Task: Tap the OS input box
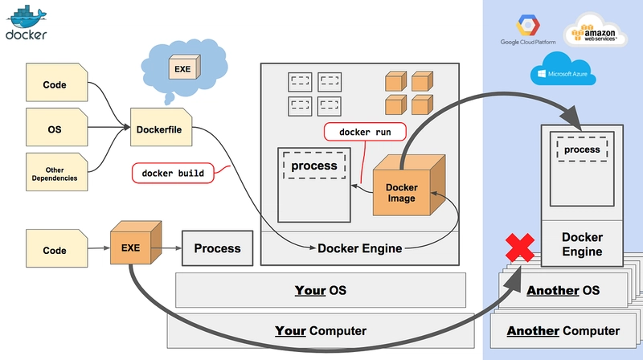coord(55,128)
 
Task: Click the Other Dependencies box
coord(55,172)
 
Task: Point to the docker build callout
coord(173,172)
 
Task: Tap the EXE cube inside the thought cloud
coord(183,69)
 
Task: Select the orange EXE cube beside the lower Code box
coord(133,247)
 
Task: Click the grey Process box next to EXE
coord(217,248)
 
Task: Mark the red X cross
coord(519,248)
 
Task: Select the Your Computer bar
coord(320,330)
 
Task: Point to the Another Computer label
coord(563,330)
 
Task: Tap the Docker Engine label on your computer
coord(359,248)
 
